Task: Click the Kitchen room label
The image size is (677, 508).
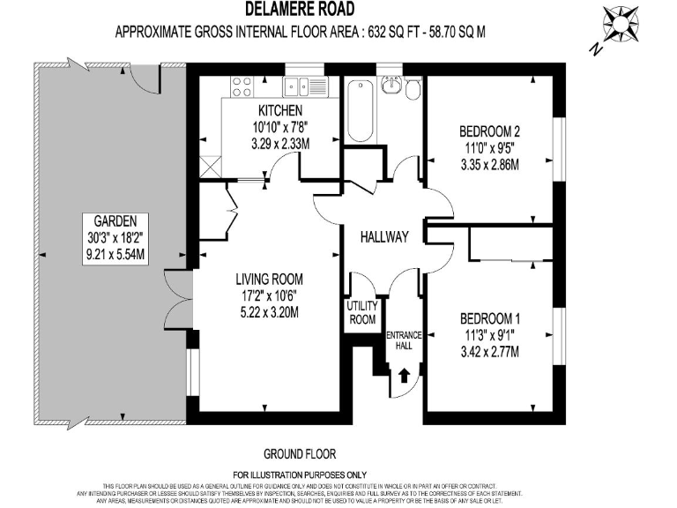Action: point(280,110)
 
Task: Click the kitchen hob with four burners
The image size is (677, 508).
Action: point(240,86)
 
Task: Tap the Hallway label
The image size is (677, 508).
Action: point(384,237)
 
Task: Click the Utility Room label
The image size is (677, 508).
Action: point(362,313)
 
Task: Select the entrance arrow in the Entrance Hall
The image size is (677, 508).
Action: point(404,376)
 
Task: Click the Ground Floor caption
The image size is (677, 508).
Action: point(300,454)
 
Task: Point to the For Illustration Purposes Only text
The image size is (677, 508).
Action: point(300,474)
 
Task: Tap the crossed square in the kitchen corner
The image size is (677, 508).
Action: point(209,164)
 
